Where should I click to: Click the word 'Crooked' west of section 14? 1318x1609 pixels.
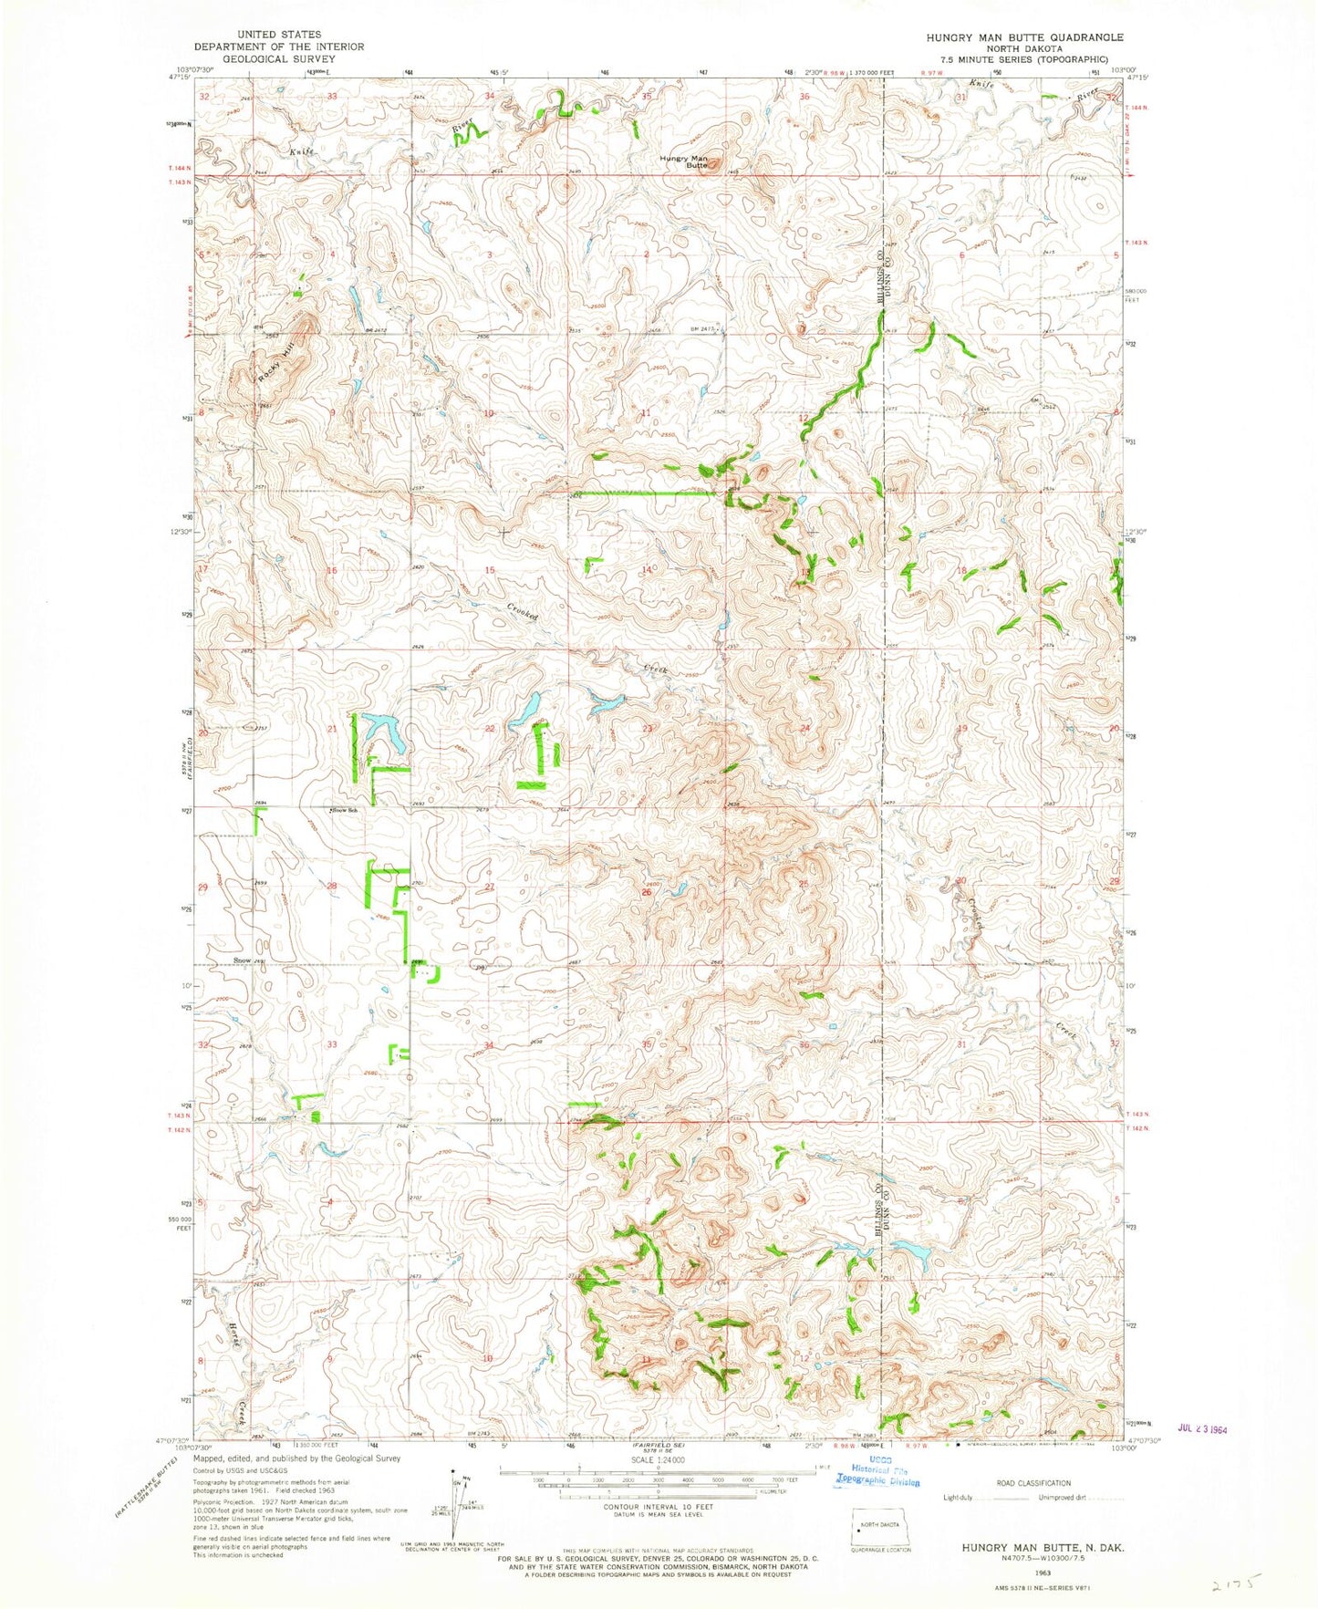(x=524, y=611)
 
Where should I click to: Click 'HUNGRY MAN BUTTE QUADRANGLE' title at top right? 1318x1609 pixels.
(x=1024, y=37)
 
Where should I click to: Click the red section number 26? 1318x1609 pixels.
(x=646, y=892)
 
